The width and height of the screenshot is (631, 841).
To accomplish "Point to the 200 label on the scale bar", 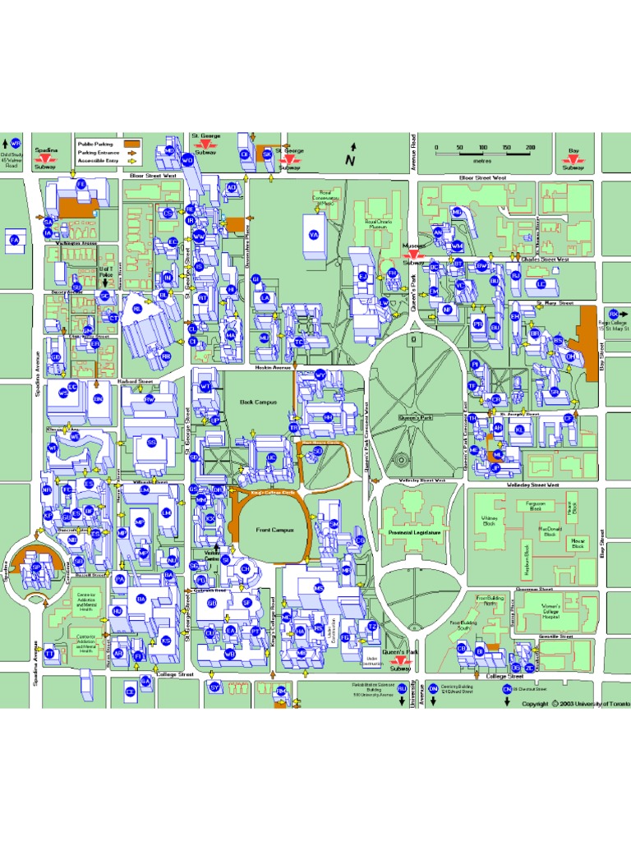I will point(530,148).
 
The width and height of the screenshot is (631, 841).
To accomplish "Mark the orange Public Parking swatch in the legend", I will point(133,144).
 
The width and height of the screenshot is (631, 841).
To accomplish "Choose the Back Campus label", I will point(258,402).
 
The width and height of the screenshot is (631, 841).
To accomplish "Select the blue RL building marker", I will point(137,309).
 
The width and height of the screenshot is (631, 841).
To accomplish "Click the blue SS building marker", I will point(151,443).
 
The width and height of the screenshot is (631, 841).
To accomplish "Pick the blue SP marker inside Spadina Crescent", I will point(35,568).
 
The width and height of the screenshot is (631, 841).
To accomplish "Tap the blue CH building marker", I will point(245,568).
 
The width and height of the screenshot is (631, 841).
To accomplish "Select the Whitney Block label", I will point(490,520).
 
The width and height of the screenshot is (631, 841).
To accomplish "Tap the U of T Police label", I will point(105,272).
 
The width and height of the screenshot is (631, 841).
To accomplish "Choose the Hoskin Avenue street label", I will point(274,367).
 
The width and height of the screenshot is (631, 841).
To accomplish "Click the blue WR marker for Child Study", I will point(15,143).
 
